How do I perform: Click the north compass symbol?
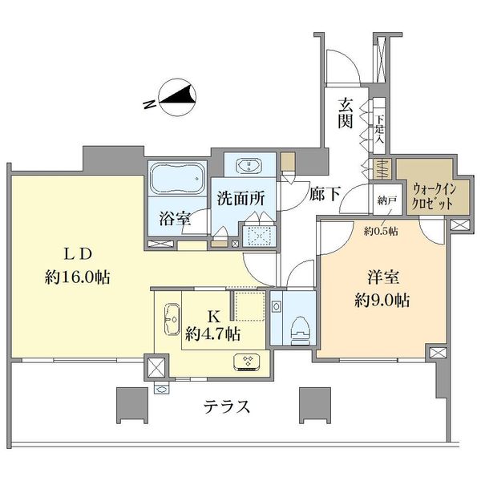point(177,99)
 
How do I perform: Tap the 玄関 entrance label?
point(346,115)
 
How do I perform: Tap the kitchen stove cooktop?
point(249,362)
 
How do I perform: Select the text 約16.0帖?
point(79,278)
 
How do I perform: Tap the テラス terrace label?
point(225,406)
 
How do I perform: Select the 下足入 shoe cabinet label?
point(380,129)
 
